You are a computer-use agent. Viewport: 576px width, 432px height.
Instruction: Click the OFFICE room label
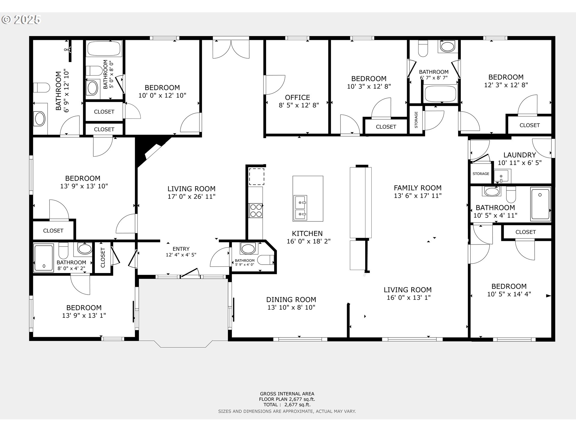coord(297,97)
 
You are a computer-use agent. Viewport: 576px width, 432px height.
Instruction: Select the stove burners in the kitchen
coord(256,210)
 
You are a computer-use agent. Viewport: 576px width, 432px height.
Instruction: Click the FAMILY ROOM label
coord(417,188)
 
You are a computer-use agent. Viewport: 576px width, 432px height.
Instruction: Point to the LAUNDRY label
coord(519,155)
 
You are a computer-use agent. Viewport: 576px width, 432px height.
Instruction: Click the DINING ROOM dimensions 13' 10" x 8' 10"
coord(291,307)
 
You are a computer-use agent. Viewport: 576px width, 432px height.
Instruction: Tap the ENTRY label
coord(181,249)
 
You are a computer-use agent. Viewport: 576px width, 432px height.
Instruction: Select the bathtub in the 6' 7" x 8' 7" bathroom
coord(440,94)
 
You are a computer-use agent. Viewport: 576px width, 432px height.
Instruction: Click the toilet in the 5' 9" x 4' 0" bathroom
coord(265,260)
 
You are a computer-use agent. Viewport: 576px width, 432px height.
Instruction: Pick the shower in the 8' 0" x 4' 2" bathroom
coord(43,257)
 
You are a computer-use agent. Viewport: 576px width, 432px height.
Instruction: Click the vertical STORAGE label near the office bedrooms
coord(416,120)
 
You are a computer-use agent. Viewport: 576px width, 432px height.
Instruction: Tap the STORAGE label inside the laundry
coord(481,174)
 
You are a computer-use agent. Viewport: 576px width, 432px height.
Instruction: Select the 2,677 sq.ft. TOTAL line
coord(287,405)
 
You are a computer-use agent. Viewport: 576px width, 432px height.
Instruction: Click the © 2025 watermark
coord(21,20)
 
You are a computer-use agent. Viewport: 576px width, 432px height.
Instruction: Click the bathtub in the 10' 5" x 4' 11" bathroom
coord(540,203)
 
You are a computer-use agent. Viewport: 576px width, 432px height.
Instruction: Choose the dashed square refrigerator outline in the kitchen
coord(256,176)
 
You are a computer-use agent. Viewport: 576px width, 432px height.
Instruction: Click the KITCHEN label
coord(307,233)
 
